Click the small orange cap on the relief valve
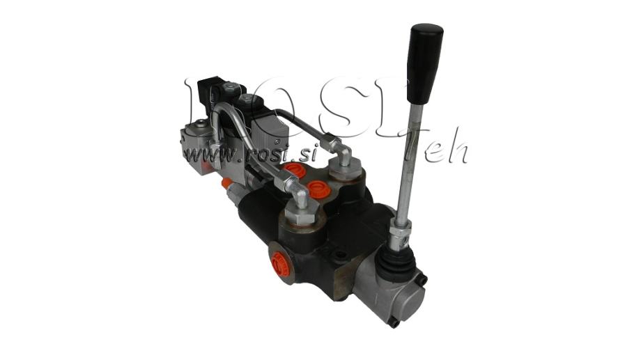click(x=225, y=182)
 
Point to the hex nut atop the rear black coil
click(x=231, y=86)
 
